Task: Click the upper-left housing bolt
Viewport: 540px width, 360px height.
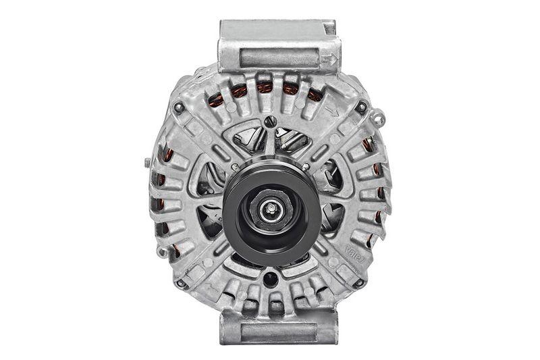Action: pyautogui.click(x=178, y=107)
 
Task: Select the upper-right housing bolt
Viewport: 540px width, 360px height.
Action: pyautogui.click(x=362, y=107)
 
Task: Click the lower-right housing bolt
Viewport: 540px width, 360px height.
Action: pyautogui.click(x=359, y=284)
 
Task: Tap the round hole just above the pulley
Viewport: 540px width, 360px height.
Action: pyautogui.click(x=271, y=122)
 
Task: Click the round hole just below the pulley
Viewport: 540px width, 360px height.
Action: pyautogui.click(x=271, y=278)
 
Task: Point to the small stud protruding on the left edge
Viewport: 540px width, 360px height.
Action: pyautogui.click(x=147, y=162)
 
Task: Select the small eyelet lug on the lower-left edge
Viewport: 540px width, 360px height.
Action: pyautogui.click(x=161, y=252)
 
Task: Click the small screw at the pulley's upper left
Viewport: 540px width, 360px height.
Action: pyautogui.click(x=234, y=167)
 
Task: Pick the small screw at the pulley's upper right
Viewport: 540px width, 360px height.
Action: pyautogui.click(x=306, y=167)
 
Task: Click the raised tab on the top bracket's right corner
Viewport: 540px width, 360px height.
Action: pyautogui.click(x=329, y=28)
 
